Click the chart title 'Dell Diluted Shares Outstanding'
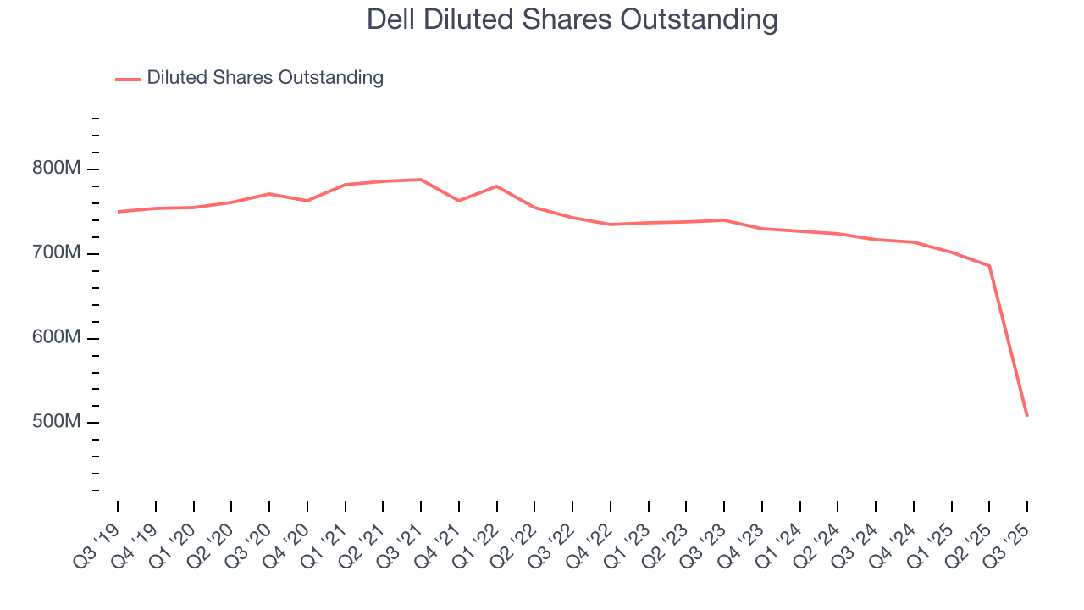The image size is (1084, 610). tap(572, 19)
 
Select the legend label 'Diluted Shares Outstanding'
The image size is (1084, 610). tap(264, 78)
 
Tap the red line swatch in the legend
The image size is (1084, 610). tap(128, 79)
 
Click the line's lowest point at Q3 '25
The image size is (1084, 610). tap(1027, 416)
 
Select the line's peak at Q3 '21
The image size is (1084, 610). tap(421, 180)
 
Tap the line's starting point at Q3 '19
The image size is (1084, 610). tap(118, 212)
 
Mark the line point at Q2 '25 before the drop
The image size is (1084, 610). tap(989, 266)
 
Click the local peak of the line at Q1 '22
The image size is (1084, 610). tap(496, 186)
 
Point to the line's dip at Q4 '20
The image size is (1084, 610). tap(307, 201)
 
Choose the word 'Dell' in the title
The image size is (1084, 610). tap(391, 19)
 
